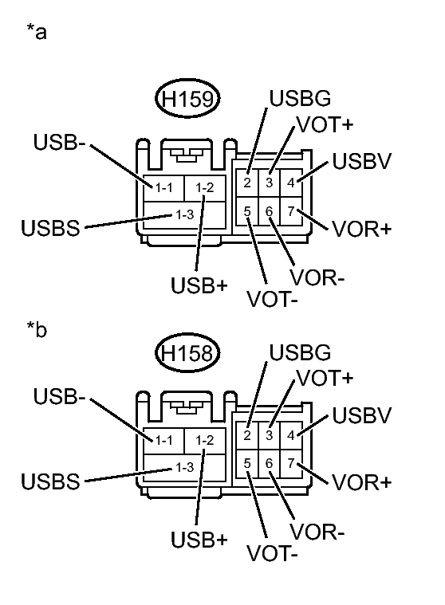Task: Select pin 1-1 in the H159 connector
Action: pyautogui.click(x=165, y=188)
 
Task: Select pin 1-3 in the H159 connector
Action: pyautogui.click(x=185, y=214)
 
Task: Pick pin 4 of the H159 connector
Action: pyautogui.click(x=291, y=183)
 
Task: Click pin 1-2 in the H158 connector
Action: pyautogui.click(x=205, y=439)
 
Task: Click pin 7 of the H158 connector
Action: pyautogui.click(x=291, y=463)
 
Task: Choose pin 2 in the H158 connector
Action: pyautogui.click(x=248, y=435)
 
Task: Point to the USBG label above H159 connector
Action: pyautogui.click(x=300, y=100)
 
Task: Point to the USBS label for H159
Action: pyautogui.click(x=50, y=229)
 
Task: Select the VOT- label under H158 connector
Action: pyautogui.click(x=272, y=552)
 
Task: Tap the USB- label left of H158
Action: pyautogui.click(x=59, y=396)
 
